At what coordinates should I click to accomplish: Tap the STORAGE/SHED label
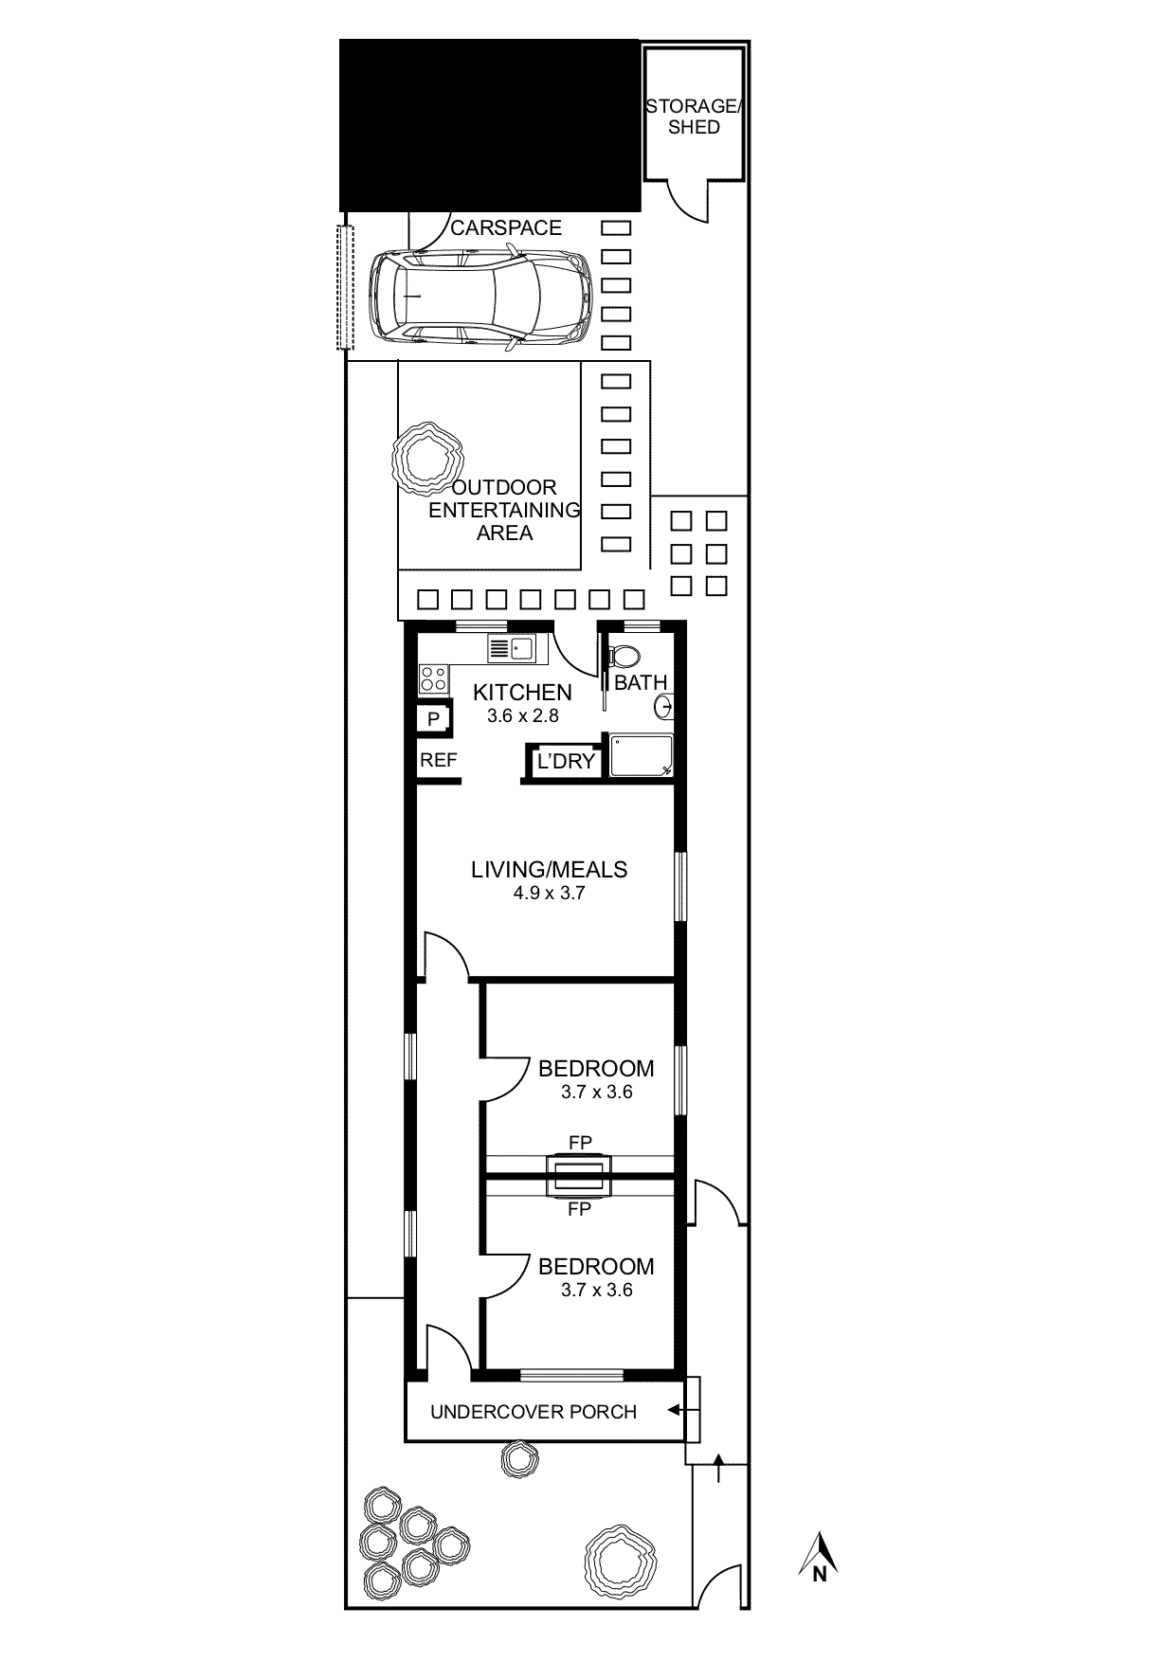pos(694,117)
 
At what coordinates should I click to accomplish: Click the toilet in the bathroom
pos(624,656)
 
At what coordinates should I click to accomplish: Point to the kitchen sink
pos(512,649)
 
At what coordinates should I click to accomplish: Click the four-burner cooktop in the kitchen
pos(434,678)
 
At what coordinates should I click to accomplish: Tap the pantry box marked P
pos(433,718)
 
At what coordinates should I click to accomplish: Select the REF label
pos(439,760)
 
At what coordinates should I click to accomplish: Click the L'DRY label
pos(566,761)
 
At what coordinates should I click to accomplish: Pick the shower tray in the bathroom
pos(642,755)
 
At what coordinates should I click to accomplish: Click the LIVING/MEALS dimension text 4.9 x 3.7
pos(550,893)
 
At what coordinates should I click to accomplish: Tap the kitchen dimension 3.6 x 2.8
pos(523,715)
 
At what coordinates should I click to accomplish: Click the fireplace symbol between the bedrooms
pos(580,1176)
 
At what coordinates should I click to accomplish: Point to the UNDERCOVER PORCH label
pos(534,1412)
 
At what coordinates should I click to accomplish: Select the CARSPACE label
pos(506,227)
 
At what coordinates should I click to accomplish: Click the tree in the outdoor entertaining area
pos(427,460)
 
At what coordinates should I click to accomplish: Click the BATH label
pos(641,682)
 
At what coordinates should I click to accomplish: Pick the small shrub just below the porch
pos(519,1459)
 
